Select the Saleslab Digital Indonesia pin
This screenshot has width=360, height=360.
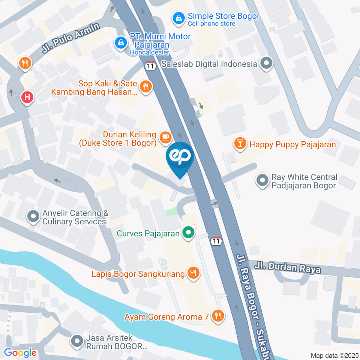tap(267, 64)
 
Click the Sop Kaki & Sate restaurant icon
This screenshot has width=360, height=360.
tap(145, 87)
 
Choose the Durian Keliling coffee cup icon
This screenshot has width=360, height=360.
tap(165, 138)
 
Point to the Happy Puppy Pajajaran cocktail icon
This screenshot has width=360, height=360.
tap(239, 143)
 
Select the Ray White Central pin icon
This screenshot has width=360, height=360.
tap(262, 180)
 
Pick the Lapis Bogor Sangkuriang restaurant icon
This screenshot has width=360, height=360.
tap(193, 273)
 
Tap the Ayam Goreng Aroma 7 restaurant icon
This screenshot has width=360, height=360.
tap(217, 316)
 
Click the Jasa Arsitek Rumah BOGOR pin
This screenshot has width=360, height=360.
tap(77, 342)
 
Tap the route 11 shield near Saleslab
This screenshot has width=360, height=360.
tap(150, 66)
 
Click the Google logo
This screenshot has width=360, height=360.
tap(20, 352)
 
